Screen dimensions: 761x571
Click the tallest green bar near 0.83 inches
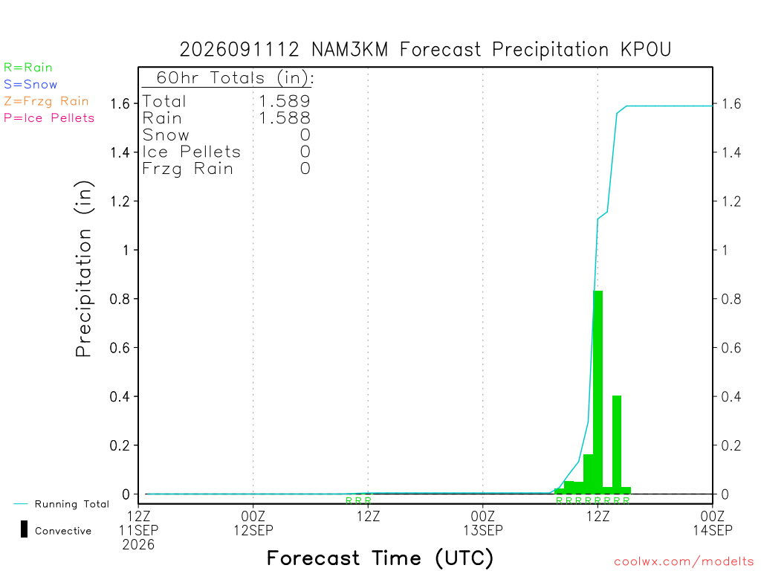click(x=598, y=393)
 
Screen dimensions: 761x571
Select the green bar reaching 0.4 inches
click(x=617, y=445)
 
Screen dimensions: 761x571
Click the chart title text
click(x=425, y=50)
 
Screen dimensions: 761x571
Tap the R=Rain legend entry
click(x=27, y=68)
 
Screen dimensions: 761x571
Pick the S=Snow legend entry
click(x=30, y=85)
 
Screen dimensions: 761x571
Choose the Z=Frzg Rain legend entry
click(x=46, y=101)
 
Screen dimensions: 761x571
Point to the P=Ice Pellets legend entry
click(x=49, y=118)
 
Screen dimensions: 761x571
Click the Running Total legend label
click(x=72, y=504)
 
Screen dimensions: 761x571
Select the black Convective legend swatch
click(x=24, y=529)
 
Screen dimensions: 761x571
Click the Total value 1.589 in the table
click(x=285, y=101)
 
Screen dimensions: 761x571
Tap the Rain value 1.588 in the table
click(x=285, y=118)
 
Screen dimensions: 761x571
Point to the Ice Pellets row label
click(x=191, y=152)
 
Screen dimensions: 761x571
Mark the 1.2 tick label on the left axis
click(x=120, y=201)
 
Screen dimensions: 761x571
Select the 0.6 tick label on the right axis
click(x=731, y=348)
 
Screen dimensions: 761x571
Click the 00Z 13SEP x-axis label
click(x=483, y=523)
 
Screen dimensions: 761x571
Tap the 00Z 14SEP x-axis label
click(x=713, y=523)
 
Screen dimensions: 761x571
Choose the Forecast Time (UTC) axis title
click(x=380, y=558)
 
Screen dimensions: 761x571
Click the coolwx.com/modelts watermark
click(x=684, y=562)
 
